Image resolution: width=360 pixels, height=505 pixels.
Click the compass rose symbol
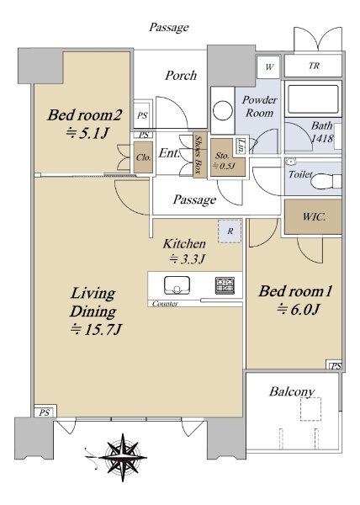coord(123,457)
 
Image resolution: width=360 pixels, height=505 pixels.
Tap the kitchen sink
coord(177,285)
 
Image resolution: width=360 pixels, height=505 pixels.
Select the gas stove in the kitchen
coord(225,285)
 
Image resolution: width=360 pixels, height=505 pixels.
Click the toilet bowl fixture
coord(326,182)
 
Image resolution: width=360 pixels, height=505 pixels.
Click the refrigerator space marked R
coord(230,231)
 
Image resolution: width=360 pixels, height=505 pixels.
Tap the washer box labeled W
coord(269,66)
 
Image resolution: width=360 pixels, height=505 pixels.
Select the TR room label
coord(314,66)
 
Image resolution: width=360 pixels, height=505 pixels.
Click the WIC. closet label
coord(314,217)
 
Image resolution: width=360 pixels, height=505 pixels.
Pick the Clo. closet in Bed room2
coord(143,158)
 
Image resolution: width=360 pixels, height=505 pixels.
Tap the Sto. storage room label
coord(222,156)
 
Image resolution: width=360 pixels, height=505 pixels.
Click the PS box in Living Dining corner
coord(45,412)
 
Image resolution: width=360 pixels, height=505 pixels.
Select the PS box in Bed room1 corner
coord(335,366)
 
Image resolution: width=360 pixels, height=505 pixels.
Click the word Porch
coord(181,76)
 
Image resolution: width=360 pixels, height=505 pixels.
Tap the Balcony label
coord(292,392)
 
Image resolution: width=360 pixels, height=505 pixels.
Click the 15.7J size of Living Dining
coord(96,329)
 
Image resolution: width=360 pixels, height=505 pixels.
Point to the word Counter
coord(165,303)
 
